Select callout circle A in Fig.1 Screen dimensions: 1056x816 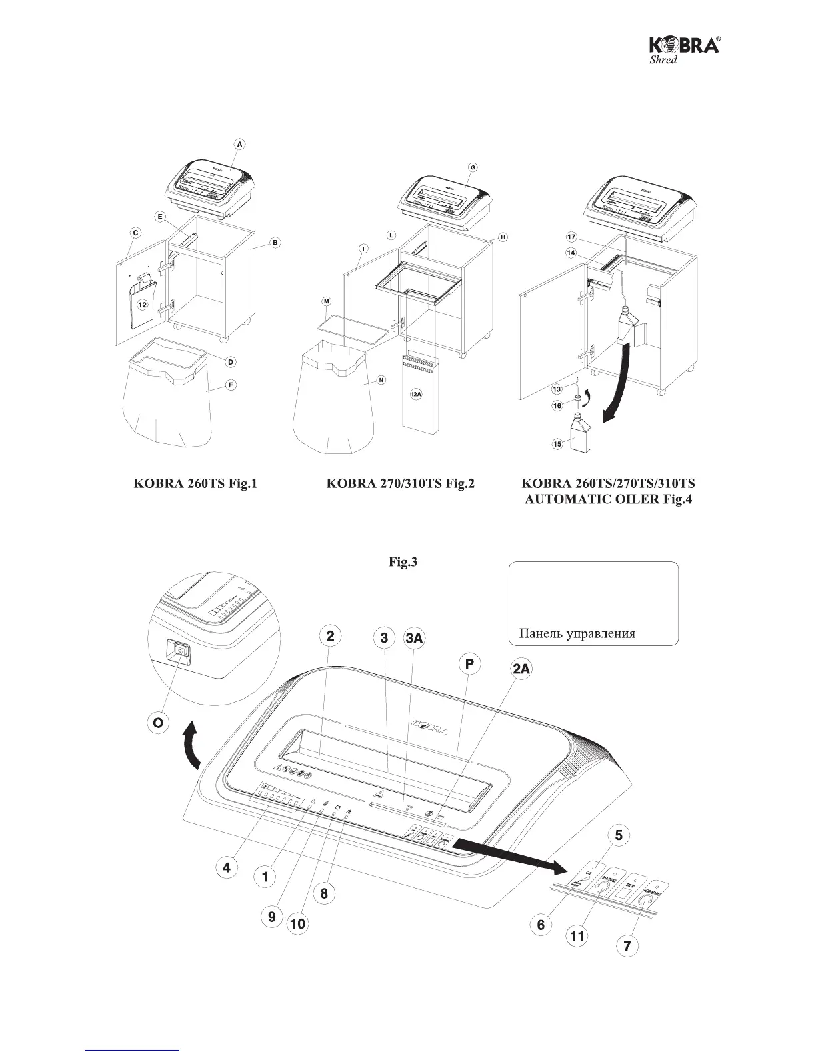(x=240, y=143)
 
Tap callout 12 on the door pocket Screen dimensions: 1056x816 (x=142, y=304)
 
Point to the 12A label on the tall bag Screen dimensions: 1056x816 (x=416, y=395)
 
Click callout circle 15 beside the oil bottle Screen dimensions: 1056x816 (x=557, y=443)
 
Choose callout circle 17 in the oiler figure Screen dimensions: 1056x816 (x=571, y=237)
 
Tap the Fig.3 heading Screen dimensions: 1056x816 (x=403, y=563)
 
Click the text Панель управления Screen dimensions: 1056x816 (x=577, y=633)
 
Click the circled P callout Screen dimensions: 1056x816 (x=471, y=664)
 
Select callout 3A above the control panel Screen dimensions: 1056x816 (x=414, y=638)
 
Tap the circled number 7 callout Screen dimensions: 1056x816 (x=626, y=945)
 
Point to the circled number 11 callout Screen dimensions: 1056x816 (x=577, y=935)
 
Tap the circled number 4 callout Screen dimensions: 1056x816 (x=227, y=867)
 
